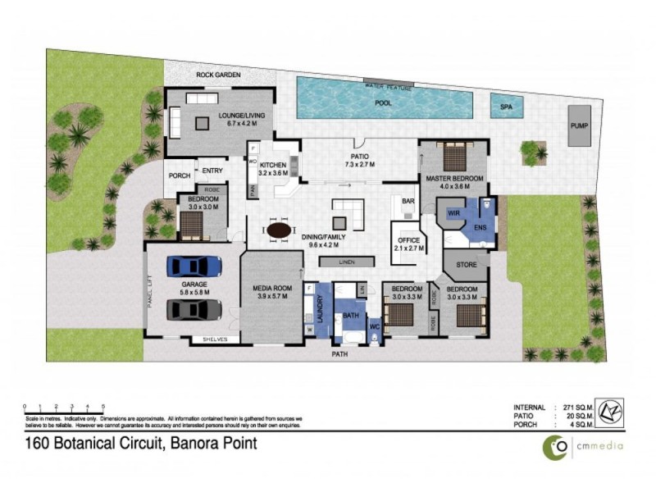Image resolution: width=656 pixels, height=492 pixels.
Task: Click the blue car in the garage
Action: tap(194, 266)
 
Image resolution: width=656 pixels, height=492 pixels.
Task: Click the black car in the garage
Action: tap(194, 309)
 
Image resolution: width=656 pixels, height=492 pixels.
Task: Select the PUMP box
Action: tap(579, 125)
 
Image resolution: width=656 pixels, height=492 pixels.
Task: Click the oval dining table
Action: tap(279, 230)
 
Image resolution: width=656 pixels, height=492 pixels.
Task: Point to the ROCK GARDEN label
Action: tap(217, 75)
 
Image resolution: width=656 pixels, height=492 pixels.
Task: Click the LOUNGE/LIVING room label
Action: tap(241, 120)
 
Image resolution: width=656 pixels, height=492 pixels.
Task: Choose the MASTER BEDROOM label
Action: tap(453, 178)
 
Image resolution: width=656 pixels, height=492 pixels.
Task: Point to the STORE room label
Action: tap(466, 265)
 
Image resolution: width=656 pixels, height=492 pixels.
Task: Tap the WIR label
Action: tap(453, 212)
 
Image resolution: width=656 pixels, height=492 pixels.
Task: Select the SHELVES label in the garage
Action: tap(215, 339)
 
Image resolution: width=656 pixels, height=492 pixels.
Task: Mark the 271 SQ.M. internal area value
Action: tap(579, 407)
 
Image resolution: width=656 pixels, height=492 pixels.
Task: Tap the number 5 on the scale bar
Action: tap(103, 407)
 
